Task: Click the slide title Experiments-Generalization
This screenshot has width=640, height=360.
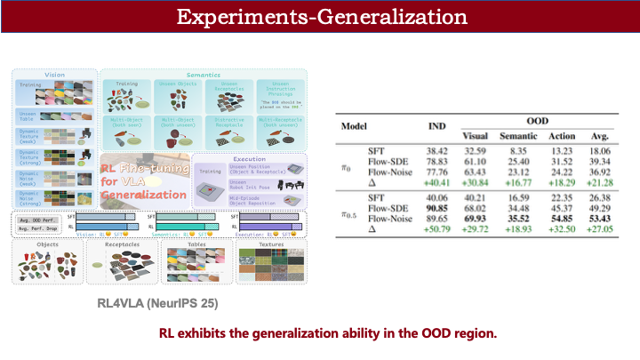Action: (319, 17)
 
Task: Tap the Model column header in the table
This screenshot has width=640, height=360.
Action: (355, 126)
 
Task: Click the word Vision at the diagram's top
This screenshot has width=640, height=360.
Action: (55, 74)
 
